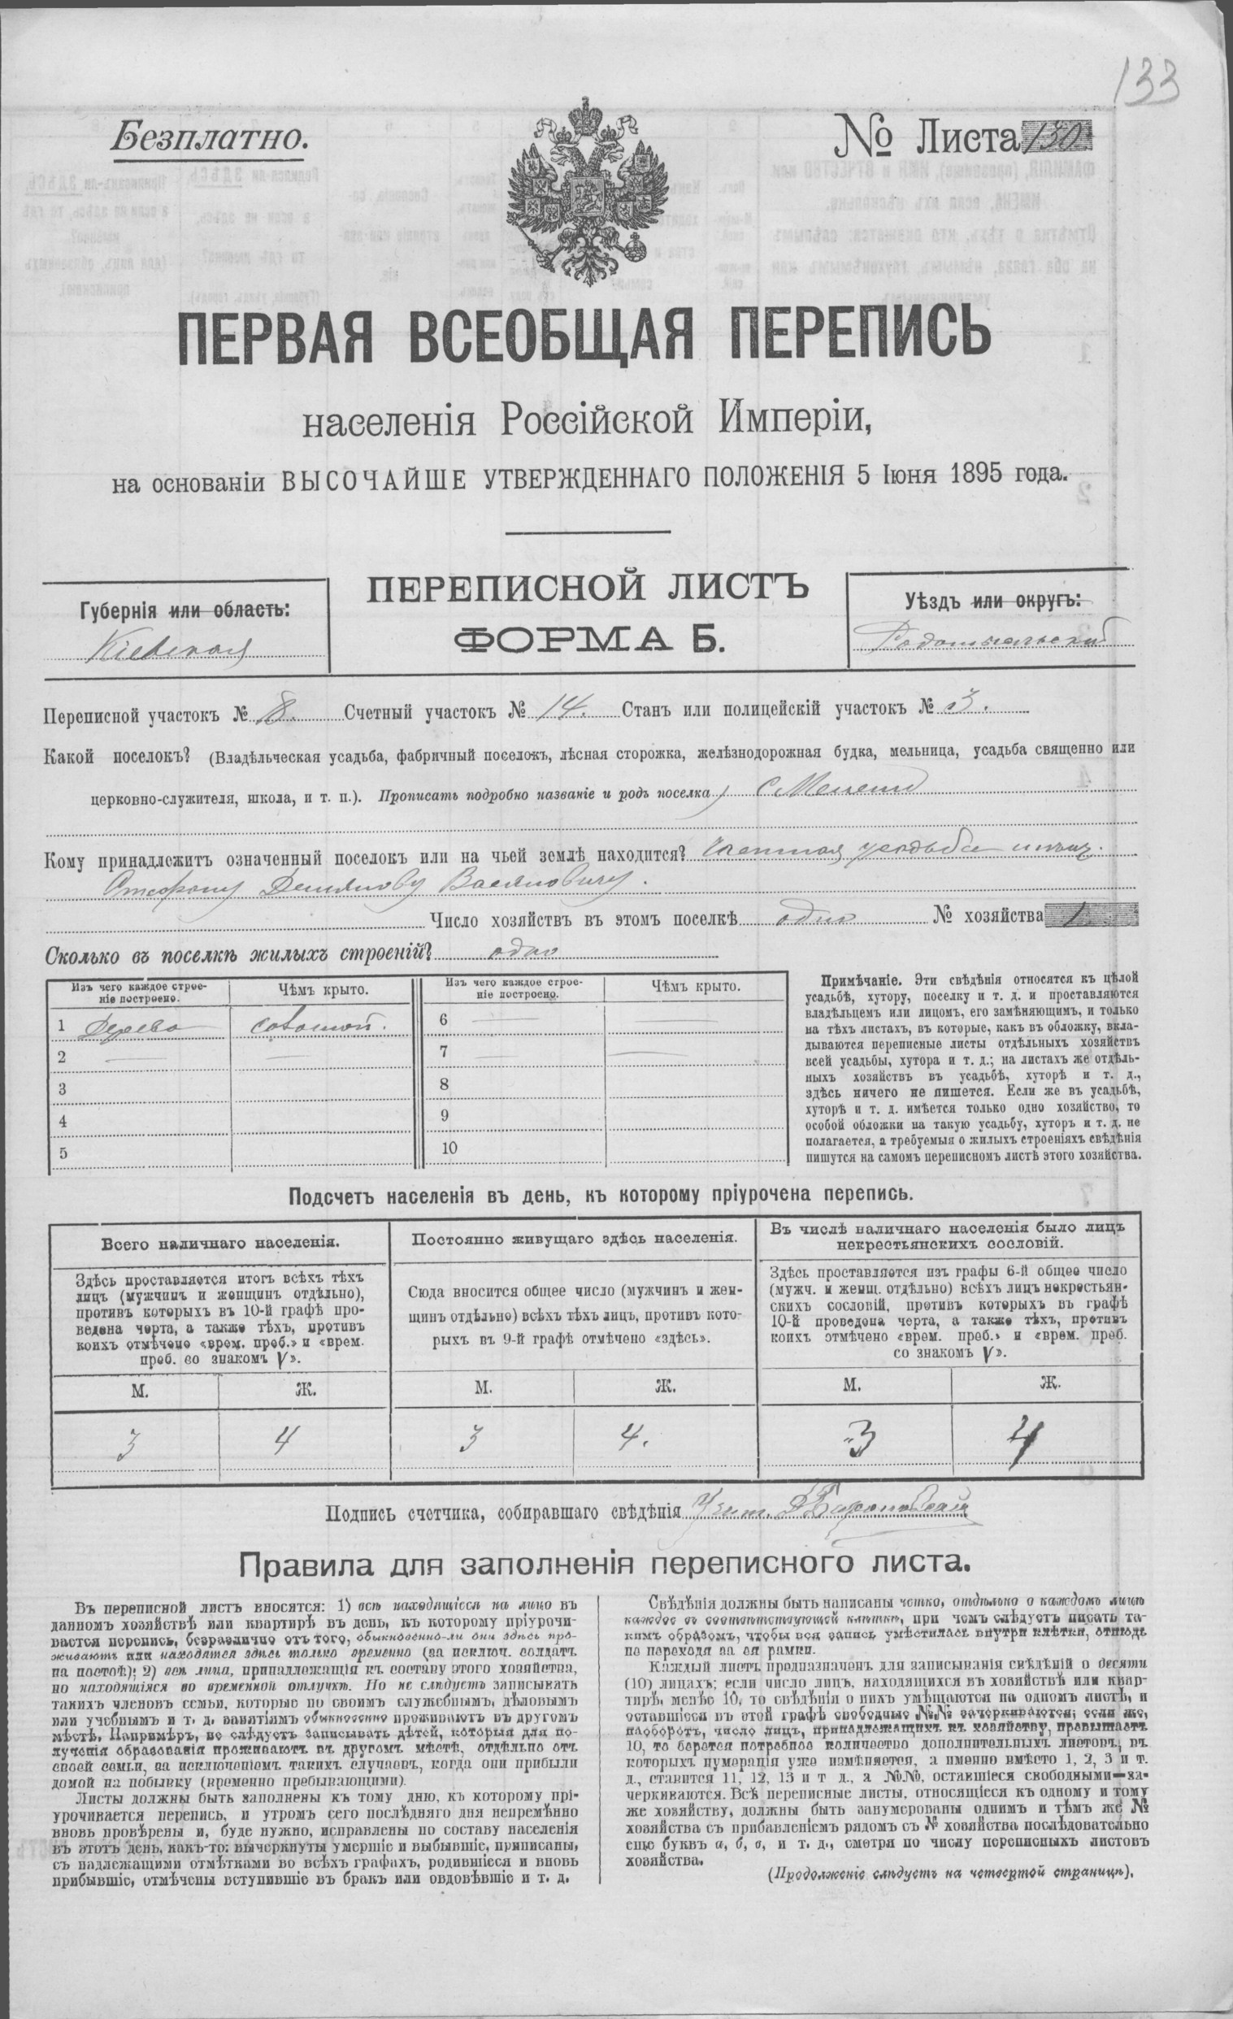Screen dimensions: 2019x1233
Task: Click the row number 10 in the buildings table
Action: [x=448, y=1148]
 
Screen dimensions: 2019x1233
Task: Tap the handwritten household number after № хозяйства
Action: [x=1082, y=915]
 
